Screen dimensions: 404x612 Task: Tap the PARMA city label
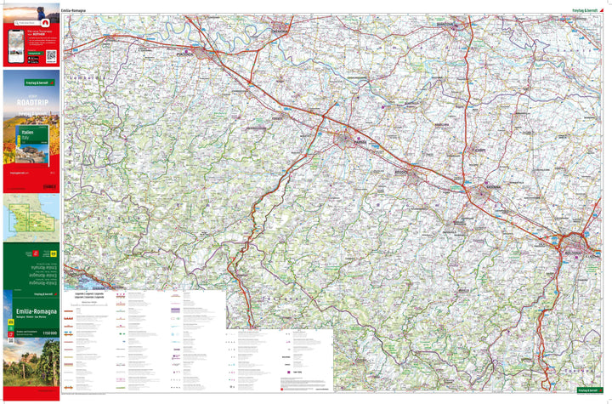click(360, 142)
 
